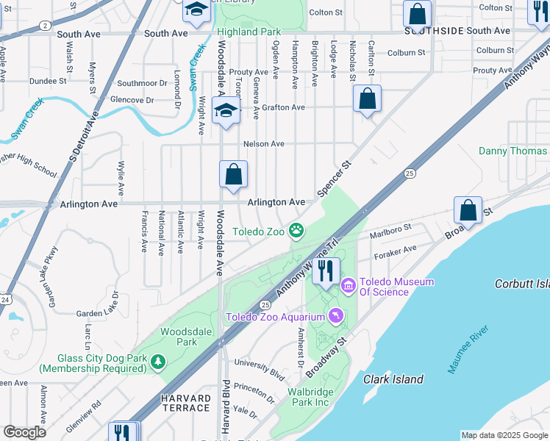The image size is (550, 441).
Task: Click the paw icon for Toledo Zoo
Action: pos(296,232)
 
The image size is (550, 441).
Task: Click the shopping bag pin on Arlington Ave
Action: pos(233,176)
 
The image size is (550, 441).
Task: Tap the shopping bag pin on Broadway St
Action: pos(468,211)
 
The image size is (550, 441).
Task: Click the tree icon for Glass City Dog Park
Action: pos(157,362)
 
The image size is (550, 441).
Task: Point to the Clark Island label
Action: pos(393,379)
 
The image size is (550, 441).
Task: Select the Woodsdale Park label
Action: pos(177,337)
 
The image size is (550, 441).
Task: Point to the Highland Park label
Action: pos(248,32)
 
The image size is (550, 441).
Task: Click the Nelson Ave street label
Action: pos(263,144)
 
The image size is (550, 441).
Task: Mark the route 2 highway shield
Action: pos(45,25)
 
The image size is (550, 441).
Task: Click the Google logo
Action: pos(24,432)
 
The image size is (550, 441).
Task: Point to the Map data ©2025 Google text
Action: pos(504,435)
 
